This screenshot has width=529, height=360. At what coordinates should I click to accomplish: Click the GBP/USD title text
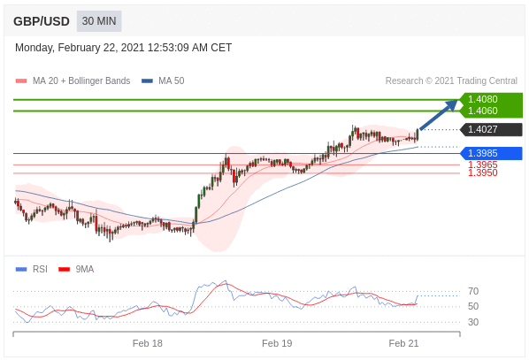point(42,21)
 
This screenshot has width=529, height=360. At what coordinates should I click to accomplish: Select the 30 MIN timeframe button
point(99,21)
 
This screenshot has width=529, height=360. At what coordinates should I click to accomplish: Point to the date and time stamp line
point(123,48)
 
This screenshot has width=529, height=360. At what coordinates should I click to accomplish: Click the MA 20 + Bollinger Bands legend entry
point(73,81)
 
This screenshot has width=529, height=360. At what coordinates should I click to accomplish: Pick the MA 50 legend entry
point(163,81)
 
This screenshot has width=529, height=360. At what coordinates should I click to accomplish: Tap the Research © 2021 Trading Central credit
point(451,81)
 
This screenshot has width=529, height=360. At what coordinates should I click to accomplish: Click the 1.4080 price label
point(482,99)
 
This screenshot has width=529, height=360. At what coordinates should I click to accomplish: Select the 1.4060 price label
point(482,111)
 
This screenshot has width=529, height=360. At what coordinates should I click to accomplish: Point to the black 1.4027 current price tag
point(491,129)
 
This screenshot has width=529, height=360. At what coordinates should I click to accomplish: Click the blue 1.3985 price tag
point(491,153)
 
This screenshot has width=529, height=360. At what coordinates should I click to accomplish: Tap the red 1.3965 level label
point(483,165)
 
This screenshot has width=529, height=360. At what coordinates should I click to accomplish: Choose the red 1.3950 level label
point(483,172)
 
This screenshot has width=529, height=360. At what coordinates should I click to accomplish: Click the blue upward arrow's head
point(453,104)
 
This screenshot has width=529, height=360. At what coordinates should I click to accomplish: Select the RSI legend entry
point(32,269)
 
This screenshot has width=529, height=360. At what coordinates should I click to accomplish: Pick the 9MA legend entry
point(76,269)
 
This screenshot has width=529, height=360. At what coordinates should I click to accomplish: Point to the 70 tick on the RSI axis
point(473,291)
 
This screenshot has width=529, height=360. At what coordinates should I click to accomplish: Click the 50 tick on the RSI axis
point(473,306)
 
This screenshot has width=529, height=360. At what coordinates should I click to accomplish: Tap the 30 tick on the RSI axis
point(473,322)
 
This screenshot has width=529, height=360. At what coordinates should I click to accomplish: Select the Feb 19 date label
point(277,343)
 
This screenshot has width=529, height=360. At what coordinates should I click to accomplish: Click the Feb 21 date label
point(403,343)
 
